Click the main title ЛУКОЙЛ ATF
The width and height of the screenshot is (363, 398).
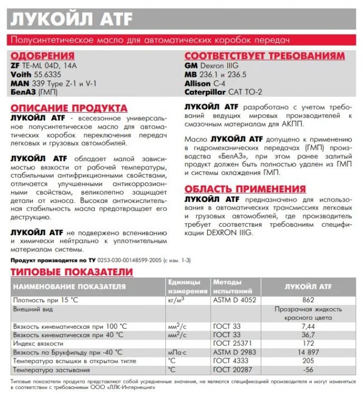[72, 19]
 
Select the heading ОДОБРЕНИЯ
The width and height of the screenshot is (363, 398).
[42, 56]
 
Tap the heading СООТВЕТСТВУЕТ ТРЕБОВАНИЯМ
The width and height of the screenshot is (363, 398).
[265, 56]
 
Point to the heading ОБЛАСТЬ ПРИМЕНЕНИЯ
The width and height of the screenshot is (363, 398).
[245, 188]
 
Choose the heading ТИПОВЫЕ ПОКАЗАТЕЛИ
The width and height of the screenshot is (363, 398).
[72, 272]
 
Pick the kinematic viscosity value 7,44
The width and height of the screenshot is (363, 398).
[308, 326]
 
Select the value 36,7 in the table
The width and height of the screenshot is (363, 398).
[308, 335]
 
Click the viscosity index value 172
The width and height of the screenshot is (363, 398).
[308, 343]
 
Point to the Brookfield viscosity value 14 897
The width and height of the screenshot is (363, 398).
[308, 352]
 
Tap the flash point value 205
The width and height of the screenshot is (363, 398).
[308, 361]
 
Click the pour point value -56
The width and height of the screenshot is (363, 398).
[308, 370]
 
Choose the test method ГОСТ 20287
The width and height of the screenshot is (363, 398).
[232, 370]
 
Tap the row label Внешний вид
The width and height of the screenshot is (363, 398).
[34, 308]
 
